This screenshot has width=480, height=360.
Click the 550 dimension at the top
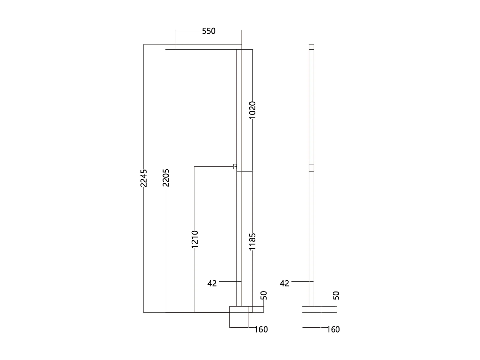click(209, 31)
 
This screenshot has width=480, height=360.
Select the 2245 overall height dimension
click(144, 178)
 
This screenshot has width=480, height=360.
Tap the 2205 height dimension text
click(166, 178)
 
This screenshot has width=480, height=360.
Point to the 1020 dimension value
click(252, 110)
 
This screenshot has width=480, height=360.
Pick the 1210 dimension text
click(195, 239)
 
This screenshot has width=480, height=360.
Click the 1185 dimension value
click(252, 242)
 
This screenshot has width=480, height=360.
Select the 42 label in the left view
click(212, 283)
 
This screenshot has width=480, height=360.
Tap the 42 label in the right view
click(284, 283)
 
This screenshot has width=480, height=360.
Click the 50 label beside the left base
click(264, 295)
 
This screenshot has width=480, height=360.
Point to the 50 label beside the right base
click(336, 295)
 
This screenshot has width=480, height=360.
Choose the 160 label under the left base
click(261, 329)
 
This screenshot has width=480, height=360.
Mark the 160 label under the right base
click(333, 329)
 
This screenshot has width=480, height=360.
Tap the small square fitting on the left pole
click(235, 166)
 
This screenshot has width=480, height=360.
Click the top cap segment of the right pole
click(311, 47)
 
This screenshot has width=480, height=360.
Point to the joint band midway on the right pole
click(311, 167)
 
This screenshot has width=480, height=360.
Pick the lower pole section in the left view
click(239, 237)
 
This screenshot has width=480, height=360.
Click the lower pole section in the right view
click(311, 237)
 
